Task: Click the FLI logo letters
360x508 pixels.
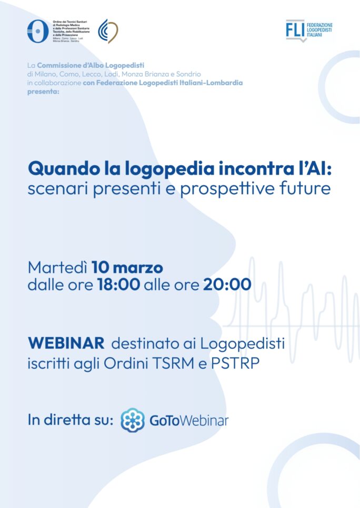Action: pos(295,29)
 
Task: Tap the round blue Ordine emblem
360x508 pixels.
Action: pos(38,31)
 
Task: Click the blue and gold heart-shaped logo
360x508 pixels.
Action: pos(108,31)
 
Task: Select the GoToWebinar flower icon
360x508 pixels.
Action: pos(133,420)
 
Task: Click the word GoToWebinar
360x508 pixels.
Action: pos(189,421)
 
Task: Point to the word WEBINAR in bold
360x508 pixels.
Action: pos(66,343)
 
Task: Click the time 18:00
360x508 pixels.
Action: pos(119,285)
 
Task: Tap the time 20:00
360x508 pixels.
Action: pos(227,285)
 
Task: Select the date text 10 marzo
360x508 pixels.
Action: pos(127,268)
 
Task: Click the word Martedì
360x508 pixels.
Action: pos(57,268)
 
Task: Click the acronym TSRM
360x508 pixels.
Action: pos(173,363)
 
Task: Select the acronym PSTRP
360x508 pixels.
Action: pos(235,363)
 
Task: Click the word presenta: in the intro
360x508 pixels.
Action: pos(43,92)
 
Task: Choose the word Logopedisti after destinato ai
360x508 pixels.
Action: pos(242,344)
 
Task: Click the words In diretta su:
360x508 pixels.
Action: pos(71,420)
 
